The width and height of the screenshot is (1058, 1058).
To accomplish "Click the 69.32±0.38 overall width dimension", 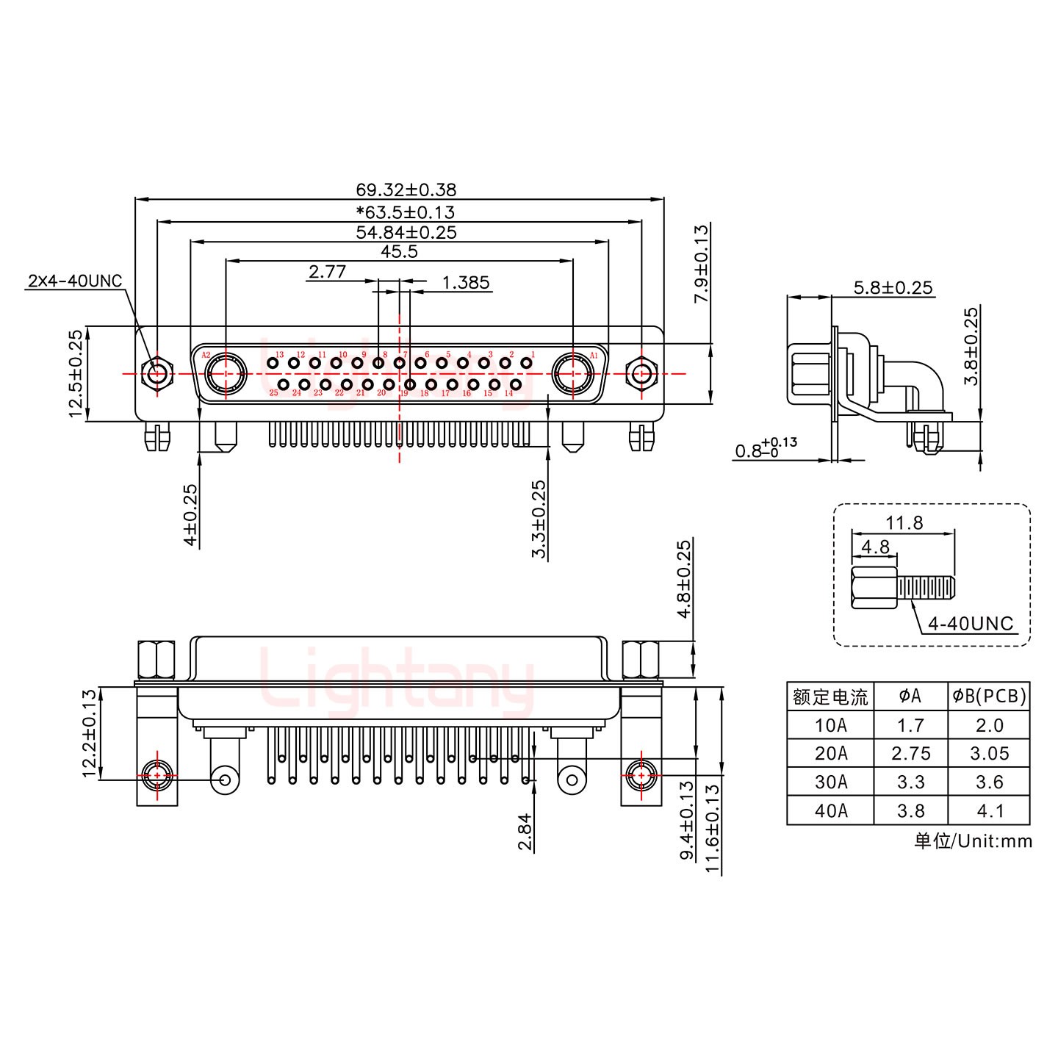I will tap(406, 190).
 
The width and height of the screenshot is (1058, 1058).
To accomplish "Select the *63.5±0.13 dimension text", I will tap(406, 212).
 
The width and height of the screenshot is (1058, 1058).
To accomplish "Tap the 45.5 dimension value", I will tap(399, 251).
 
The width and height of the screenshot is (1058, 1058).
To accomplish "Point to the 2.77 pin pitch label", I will tap(327, 273).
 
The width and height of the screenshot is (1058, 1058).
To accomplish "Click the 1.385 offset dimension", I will tap(466, 283).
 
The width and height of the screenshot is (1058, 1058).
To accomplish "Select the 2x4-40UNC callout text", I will tap(75, 281).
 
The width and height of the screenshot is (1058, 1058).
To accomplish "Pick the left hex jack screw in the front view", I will tap(156, 374).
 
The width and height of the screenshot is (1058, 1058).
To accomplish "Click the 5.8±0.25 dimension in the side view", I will tap(893, 287).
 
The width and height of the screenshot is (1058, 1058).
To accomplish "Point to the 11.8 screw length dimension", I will tap(904, 523).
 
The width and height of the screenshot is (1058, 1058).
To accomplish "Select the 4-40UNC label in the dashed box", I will tap(970, 624).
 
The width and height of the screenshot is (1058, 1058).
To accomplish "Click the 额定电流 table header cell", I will tap(830, 697).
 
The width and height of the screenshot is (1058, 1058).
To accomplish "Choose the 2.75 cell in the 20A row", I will tap(910, 754).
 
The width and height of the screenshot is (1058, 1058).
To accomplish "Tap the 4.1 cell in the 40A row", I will tap(989, 811).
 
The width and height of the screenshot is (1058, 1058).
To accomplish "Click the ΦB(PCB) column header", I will tap(989, 697).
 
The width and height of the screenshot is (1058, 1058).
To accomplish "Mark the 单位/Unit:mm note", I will tap(973, 841).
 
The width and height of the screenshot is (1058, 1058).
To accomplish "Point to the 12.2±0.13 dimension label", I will tap(89, 733).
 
